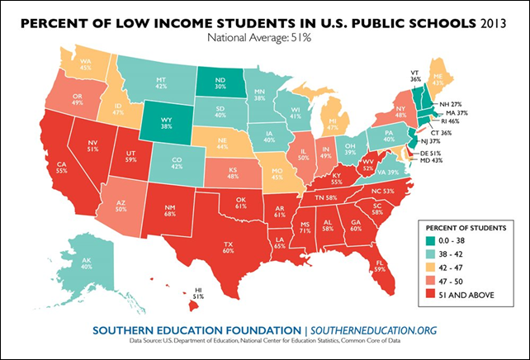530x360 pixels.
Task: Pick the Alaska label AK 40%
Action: point(86,261)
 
